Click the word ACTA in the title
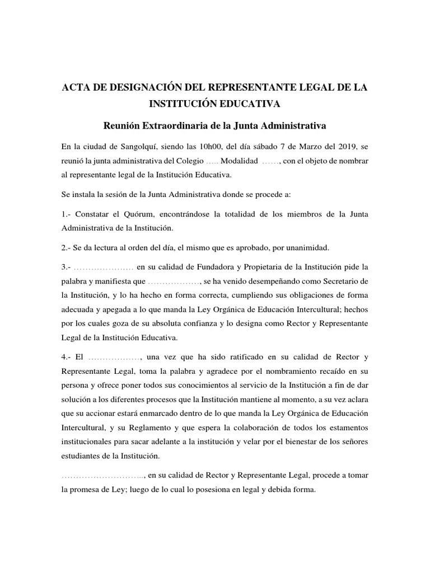(x=74, y=89)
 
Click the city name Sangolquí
(x=139, y=147)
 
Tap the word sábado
(x=266, y=147)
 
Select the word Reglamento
(x=161, y=428)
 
